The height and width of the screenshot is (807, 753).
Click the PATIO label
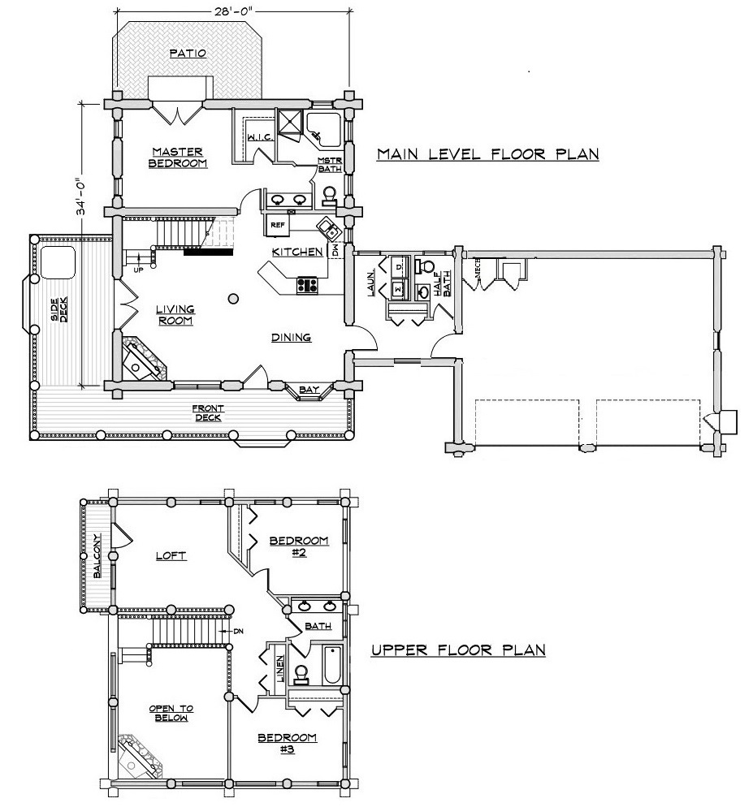[x=188, y=53]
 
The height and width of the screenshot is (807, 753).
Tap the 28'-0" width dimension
[x=233, y=12]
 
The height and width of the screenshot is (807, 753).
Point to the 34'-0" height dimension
[x=81, y=196]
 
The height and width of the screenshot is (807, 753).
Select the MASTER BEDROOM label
[x=179, y=158]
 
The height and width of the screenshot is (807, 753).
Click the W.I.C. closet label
[x=260, y=137]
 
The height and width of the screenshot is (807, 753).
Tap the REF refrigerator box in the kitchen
[x=277, y=226]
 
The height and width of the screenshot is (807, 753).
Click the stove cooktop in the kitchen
[x=308, y=285]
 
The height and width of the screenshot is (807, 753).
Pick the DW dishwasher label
[x=335, y=251]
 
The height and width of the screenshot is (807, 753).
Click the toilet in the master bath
[x=329, y=196]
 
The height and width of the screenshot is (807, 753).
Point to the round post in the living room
[x=233, y=298]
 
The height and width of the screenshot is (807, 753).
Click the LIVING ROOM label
[x=175, y=315]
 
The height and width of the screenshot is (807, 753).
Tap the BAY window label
[x=309, y=390]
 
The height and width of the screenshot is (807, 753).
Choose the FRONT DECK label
[x=208, y=412]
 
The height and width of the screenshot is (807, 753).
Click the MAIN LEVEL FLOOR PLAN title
[x=487, y=154]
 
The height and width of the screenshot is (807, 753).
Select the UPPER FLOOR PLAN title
[x=458, y=650]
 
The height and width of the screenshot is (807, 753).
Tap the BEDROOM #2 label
[x=299, y=546]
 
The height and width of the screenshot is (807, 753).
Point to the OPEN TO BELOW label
[x=171, y=714]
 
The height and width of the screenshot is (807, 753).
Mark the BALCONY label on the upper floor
[x=97, y=556]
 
